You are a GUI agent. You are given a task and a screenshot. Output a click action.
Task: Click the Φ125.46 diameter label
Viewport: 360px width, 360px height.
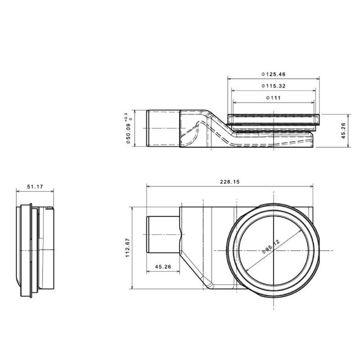(x=274, y=74)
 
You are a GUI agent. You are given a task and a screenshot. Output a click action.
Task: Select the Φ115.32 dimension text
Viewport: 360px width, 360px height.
(x=274, y=86)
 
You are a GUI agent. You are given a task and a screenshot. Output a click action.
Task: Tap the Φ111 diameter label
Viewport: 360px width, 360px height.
(x=274, y=98)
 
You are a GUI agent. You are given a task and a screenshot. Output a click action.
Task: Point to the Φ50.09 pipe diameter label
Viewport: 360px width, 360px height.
(x=128, y=134)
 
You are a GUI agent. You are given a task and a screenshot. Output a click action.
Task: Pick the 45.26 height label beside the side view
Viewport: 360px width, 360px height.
(x=343, y=130)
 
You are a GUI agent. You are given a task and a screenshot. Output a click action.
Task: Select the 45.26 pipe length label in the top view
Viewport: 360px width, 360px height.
(x=163, y=267)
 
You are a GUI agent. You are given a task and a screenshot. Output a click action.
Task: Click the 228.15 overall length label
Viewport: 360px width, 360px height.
(x=229, y=182)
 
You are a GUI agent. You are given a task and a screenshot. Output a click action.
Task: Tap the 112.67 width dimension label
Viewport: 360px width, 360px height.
(x=128, y=248)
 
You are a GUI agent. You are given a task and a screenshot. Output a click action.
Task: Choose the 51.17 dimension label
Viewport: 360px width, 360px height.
(x=35, y=187)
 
